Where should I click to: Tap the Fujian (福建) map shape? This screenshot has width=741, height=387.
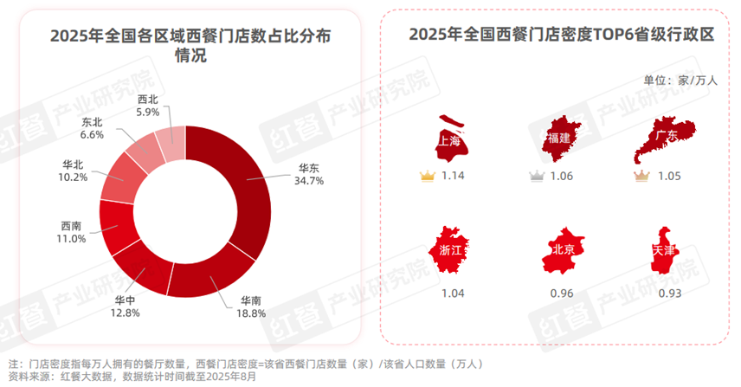(x=557, y=139)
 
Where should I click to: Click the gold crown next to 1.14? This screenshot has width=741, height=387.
(x=426, y=177)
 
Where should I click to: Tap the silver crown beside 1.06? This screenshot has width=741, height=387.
(x=536, y=177)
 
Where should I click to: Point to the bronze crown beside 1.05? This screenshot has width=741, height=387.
(x=641, y=177)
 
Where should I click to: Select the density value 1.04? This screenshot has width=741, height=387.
(x=453, y=293)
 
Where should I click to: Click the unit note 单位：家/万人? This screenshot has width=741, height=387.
(x=680, y=81)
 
